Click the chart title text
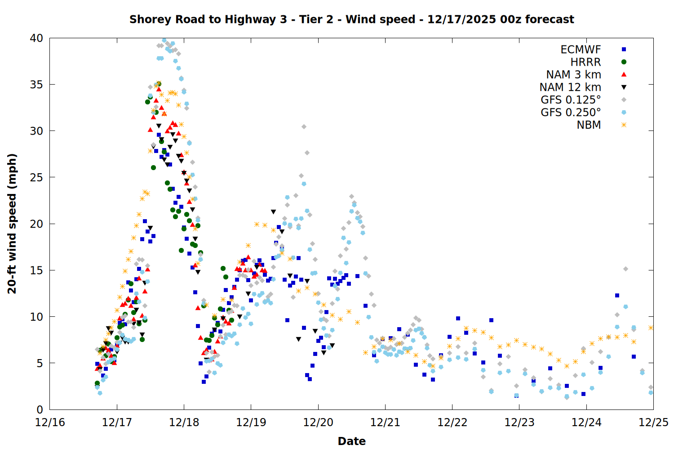coord(351,19)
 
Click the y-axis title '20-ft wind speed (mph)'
coord(12,224)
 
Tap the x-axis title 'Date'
coord(351,441)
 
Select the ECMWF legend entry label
coord(581,49)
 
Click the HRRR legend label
coord(585,62)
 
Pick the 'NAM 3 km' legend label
coord(573,75)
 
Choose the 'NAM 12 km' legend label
coord(570,87)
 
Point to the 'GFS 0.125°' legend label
coord(571,100)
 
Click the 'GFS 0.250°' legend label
coord(571,112)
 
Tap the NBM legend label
coord(589,125)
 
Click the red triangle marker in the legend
coord(624,74)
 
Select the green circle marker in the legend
coord(624,62)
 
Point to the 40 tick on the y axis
coord(36,38)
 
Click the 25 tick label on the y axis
coord(36,177)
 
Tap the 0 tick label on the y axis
coord(40,409)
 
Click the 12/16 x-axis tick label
coord(50,423)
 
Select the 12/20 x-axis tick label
coord(318,423)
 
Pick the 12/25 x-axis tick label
coord(653,423)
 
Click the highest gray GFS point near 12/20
coord(304,127)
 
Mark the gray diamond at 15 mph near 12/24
coord(625,269)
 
